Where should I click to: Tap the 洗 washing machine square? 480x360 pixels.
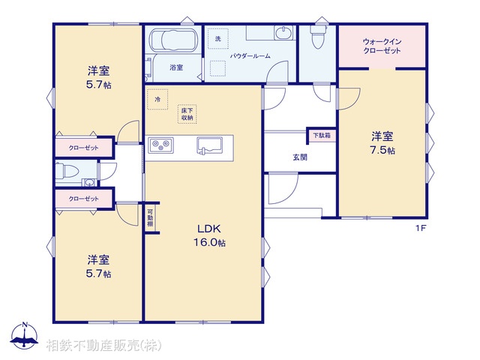tap(218, 38)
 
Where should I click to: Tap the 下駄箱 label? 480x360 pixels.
tap(322, 136)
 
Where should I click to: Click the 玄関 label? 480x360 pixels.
tap(299, 157)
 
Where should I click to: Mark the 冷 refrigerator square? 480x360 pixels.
tap(157, 99)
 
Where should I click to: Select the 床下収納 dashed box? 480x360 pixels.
tap(187, 113)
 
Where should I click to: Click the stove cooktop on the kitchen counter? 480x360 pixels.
tap(160, 145)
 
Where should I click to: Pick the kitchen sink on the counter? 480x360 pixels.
tap(210, 145)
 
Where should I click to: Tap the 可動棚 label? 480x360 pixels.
tap(150, 218)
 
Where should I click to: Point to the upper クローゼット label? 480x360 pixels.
tap(83, 148)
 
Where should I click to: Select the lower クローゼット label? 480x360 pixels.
tap(83, 199)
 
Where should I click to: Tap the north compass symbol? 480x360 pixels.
tap(25, 336)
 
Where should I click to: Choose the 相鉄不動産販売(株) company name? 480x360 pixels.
tap(103, 346)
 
